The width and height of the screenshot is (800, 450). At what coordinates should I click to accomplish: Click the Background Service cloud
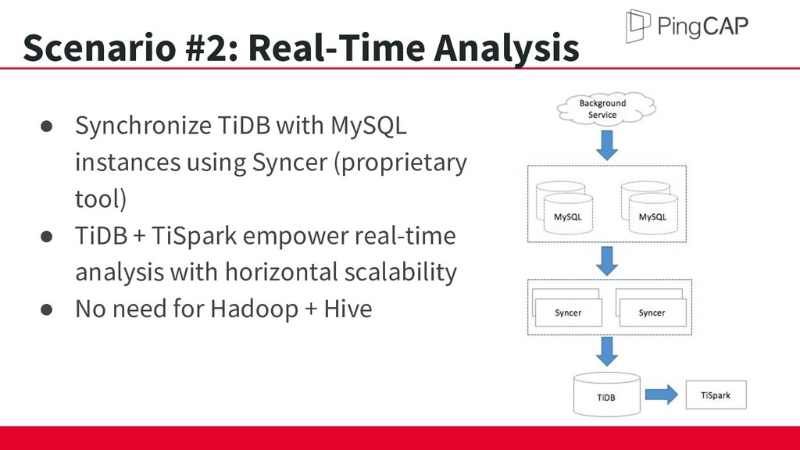(x=606, y=108)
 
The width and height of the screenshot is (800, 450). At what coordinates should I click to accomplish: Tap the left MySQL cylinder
(x=564, y=208)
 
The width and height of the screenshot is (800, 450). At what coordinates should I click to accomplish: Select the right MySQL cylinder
(x=649, y=208)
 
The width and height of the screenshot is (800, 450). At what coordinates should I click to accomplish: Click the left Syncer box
(x=567, y=308)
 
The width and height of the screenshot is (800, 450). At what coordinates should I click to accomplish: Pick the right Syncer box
(x=651, y=308)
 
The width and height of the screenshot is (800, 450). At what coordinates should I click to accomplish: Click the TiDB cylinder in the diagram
(x=606, y=395)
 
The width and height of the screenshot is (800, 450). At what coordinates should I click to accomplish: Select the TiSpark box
(x=716, y=395)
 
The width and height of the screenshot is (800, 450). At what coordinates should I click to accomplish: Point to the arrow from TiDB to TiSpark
(x=662, y=395)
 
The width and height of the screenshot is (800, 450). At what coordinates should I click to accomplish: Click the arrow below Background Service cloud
(x=606, y=145)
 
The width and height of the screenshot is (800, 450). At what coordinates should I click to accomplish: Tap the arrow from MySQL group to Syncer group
(x=606, y=261)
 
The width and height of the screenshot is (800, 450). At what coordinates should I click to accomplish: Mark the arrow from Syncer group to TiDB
(x=606, y=352)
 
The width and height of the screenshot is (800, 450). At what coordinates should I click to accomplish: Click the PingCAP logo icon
(x=637, y=26)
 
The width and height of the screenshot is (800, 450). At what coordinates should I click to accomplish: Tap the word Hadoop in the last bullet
(x=254, y=309)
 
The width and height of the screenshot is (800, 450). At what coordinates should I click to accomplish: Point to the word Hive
(x=348, y=309)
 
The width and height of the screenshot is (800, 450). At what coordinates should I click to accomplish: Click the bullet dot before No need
(x=46, y=309)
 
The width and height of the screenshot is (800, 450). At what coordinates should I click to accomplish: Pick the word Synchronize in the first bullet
(x=144, y=126)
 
